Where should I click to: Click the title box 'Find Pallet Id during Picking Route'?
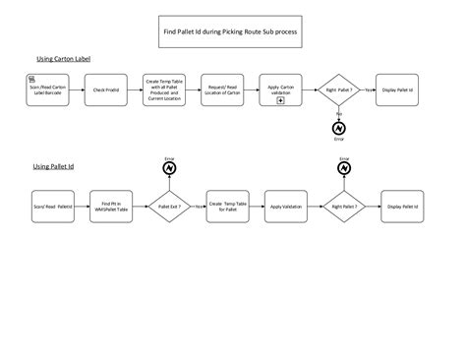coord(230,31)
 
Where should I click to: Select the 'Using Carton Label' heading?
coord(61,59)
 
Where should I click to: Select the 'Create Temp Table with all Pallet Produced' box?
coord(165,90)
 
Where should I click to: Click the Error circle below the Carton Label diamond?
coord(339,128)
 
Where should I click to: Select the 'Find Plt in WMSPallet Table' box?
coord(110,207)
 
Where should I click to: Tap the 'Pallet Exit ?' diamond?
coord(168,207)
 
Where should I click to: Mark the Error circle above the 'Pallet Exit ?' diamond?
coord(168,169)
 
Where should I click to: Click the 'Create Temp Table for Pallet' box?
coord(228,207)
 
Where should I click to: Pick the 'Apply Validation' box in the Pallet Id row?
coord(286,207)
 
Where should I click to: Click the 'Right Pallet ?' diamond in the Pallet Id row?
coord(344,207)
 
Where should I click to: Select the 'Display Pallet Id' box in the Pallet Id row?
coord(402,207)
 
